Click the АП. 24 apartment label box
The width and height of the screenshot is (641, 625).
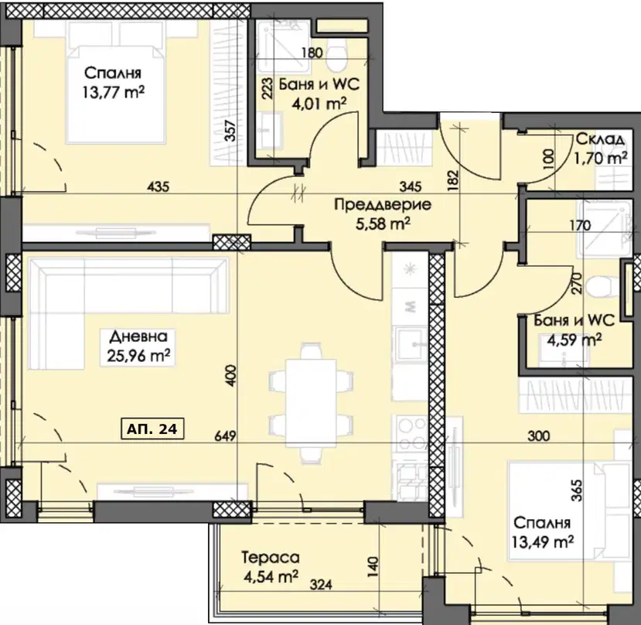152,429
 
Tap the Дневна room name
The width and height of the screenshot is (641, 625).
138,336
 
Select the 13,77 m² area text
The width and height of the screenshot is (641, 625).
113,92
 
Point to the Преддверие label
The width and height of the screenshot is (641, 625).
383,204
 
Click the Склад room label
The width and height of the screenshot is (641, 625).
600,139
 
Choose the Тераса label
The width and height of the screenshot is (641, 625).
270,558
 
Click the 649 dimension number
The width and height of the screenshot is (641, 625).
225,436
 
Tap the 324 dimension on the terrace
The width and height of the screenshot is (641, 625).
321,586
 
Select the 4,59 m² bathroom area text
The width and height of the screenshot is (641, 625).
575,340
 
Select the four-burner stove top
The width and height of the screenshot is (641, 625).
409,435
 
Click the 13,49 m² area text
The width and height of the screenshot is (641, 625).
542,541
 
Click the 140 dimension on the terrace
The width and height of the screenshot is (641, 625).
373,567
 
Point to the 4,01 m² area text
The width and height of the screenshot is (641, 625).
319,104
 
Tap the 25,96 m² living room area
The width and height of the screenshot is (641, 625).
138,356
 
